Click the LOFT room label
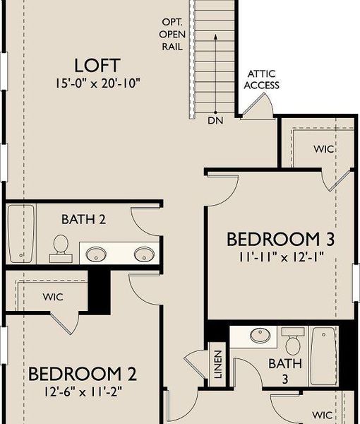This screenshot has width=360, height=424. [98, 65]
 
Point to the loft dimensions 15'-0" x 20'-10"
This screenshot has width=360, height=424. [98, 82]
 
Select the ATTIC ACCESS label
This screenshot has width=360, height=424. [263, 80]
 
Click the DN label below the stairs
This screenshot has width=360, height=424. [215, 121]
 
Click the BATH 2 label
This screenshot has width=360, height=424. [83, 220]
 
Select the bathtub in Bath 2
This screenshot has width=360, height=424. [20, 233]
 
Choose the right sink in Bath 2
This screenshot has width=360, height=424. [145, 253]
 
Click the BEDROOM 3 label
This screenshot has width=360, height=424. [280, 239]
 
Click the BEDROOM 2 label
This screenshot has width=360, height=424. [82, 373]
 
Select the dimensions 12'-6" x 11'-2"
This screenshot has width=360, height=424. [82, 389]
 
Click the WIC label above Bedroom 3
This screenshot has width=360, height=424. [324, 150]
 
